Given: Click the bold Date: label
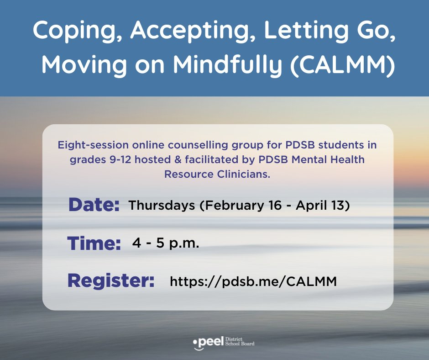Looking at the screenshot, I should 94,206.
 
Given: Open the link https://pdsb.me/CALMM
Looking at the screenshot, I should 253,281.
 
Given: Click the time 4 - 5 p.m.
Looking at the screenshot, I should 166,244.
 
